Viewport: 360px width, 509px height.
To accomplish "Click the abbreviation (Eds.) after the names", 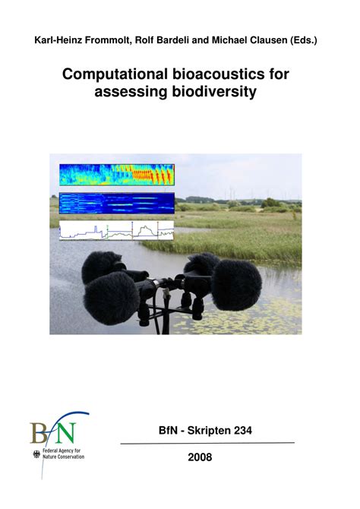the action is click(304, 40).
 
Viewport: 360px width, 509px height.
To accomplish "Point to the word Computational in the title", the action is click(115, 74).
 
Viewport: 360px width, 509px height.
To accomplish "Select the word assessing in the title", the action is click(131, 92).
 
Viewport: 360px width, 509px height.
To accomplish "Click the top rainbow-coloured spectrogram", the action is click(117, 175).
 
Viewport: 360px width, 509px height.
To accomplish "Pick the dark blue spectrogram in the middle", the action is click(117, 203).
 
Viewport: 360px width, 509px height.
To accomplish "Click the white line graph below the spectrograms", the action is click(116, 230).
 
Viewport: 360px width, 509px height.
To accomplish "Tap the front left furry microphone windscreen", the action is click(112, 299).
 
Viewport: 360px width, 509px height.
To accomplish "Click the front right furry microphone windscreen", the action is click(236, 284).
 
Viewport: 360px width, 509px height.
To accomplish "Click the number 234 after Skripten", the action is click(243, 431).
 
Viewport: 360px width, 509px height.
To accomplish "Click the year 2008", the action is click(200, 457).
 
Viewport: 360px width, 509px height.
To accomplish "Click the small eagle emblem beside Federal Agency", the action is click(36, 454).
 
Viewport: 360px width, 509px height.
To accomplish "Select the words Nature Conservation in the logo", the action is click(63, 457).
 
